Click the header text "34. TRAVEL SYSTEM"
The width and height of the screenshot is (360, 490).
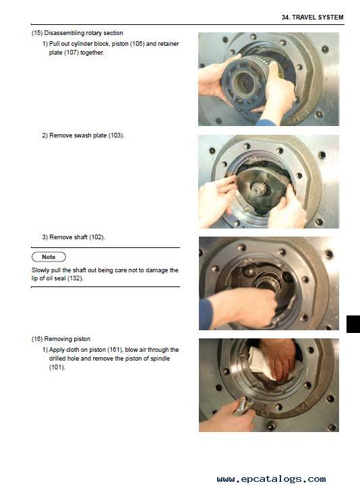tap(312, 18)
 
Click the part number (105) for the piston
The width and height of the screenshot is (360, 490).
tap(137, 44)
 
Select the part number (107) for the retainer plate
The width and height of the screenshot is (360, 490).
tap(71, 53)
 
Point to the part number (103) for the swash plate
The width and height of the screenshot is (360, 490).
tap(116, 135)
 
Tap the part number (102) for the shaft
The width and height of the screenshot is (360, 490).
tap(97, 237)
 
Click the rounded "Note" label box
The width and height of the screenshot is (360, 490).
tap(49, 257)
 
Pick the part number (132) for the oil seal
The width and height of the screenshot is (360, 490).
tap(75, 278)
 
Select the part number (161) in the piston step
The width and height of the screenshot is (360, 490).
tap(115, 350)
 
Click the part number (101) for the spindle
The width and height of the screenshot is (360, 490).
tap(57, 367)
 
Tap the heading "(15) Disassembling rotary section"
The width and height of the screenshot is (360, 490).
tap(77, 33)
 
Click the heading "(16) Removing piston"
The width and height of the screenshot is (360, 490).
tap(61, 339)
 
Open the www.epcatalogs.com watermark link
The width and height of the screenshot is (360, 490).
tap(271, 479)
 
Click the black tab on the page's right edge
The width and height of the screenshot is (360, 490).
tap(353, 324)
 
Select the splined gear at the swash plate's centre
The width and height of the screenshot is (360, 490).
tap(258, 189)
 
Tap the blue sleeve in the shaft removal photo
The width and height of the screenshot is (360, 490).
tap(206, 314)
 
